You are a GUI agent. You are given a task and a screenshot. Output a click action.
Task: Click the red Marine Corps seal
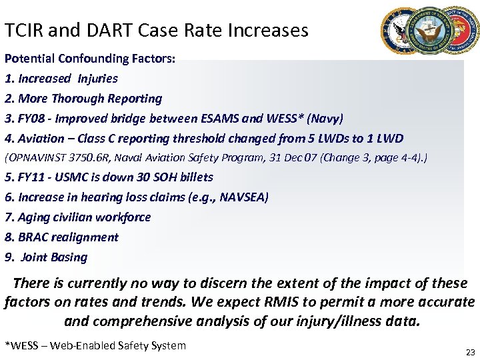(x=463, y=31)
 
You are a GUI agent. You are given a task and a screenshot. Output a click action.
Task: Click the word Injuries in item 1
(x=98, y=79)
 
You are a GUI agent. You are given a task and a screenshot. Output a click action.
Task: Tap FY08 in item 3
(x=33, y=119)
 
